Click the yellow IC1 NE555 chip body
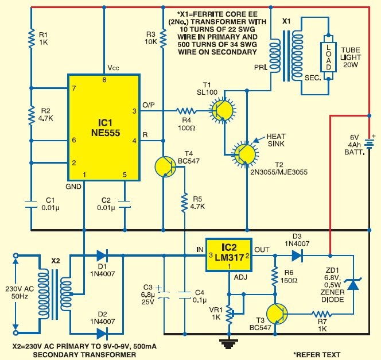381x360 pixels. click(x=104, y=127)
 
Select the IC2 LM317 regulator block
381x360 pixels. click(x=228, y=255)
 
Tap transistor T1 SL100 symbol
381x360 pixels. click(x=223, y=111)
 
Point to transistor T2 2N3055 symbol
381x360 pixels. click(x=245, y=154)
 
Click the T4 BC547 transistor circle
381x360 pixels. click(x=165, y=167)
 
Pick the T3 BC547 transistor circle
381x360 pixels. click(x=277, y=314)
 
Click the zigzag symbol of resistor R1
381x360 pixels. click(x=31, y=38)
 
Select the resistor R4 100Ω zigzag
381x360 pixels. click(x=186, y=111)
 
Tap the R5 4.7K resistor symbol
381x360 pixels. click(x=185, y=203)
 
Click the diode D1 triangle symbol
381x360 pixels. click(x=102, y=256)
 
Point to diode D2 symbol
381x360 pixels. click(x=102, y=334)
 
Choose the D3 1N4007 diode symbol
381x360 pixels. click(x=297, y=256)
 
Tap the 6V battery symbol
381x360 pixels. click(x=369, y=143)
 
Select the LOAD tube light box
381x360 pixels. click(x=328, y=57)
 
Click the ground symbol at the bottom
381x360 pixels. click(x=228, y=344)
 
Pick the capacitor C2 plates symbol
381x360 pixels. click(x=125, y=204)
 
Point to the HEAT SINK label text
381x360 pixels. click(x=276, y=140)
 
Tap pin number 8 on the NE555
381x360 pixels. click(x=104, y=80)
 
